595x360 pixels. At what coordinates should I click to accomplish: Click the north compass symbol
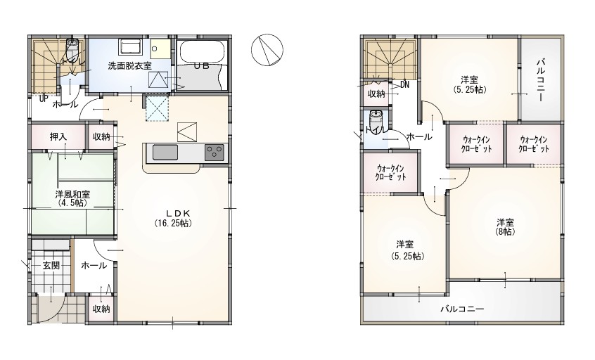[x=267, y=50]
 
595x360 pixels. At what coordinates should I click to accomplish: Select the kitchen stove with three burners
[x=215, y=153]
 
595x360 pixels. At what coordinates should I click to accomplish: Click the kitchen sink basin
[x=165, y=153]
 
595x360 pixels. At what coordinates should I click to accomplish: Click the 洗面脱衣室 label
[x=129, y=65]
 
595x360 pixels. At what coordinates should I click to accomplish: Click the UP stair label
[x=44, y=98]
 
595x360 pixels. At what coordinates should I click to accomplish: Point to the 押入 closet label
[x=58, y=136]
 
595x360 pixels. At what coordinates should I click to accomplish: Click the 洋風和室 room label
[x=72, y=195]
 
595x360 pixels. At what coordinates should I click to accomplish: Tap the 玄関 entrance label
[x=51, y=265]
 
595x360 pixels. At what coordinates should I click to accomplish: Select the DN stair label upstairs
[x=404, y=85]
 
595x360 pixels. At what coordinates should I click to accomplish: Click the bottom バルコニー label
[x=462, y=309]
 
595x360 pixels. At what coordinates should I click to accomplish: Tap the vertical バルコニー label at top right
[x=541, y=79]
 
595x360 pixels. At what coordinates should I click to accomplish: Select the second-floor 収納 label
[x=376, y=94]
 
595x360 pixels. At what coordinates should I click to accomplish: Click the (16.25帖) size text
[x=172, y=223]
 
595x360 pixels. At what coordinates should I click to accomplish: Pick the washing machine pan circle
[x=155, y=49]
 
